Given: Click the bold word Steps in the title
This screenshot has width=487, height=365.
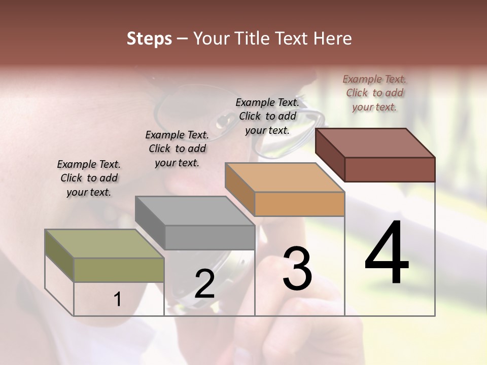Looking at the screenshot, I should [149, 39].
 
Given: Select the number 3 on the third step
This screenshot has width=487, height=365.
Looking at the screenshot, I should [297, 269].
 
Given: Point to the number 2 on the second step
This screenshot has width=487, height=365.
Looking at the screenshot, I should [205, 284].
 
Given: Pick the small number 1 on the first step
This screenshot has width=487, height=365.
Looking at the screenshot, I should [118, 300].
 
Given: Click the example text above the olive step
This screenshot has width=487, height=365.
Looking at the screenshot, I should [89, 178].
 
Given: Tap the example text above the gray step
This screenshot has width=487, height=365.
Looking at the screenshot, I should [177, 149].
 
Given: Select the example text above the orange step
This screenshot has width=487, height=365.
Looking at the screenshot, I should [267, 117].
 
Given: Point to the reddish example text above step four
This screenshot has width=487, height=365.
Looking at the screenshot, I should [374, 93].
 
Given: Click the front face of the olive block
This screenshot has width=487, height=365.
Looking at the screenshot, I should [119, 270].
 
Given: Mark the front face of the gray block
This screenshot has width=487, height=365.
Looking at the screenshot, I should [210, 237].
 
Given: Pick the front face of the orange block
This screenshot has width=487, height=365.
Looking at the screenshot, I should [299, 204].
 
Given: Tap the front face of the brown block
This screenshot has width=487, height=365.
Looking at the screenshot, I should [390, 169].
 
